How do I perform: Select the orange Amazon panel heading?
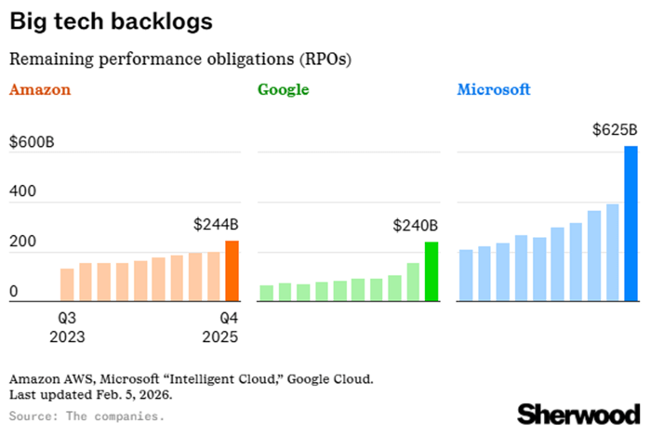(x=40, y=90)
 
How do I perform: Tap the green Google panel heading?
(x=283, y=90)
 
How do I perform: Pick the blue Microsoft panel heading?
(x=494, y=90)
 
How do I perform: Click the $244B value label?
(x=216, y=224)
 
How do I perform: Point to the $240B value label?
(x=416, y=224)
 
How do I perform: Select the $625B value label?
(x=616, y=129)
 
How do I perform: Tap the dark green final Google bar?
(x=432, y=272)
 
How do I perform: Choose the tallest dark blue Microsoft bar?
(x=631, y=224)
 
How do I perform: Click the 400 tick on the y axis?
(x=21, y=191)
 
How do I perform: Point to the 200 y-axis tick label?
(x=21, y=242)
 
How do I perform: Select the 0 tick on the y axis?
(x=13, y=292)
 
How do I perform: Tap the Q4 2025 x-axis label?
(x=220, y=326)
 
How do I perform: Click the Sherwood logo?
(x=578, y=412)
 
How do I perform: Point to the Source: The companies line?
(x=86, y=415)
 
